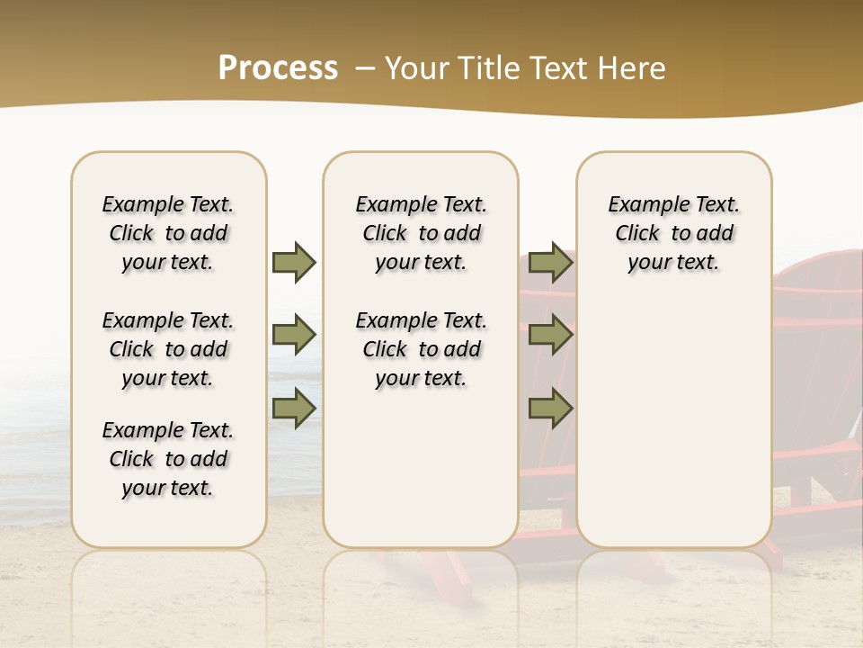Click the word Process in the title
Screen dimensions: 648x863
click(x=278, y=68)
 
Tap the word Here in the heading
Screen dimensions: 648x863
click(x=629, y=68)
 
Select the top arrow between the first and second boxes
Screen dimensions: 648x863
click(x=294, y=263)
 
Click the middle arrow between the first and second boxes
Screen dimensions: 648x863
click(x=294, y=336)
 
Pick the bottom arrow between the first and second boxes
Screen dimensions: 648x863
click(x=294, y=409)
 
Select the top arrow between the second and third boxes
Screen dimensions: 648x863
click(x=550, y=263)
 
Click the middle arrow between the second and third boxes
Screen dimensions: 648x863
click(x=550, y=336)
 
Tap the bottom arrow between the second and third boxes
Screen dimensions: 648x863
click(x=550, y=409)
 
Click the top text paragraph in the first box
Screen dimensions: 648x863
click(x=168, y=233)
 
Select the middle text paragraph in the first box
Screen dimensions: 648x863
click(x=168, y=349)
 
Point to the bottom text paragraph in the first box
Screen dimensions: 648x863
click(x=168, y=459)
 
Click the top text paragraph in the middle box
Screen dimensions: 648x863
click(x=422, y=233)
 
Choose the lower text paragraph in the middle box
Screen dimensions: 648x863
click(x=422, y=349)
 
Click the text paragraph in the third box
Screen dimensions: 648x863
click(x=674, y=233)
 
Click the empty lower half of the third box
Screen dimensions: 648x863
click(x=674, y=432)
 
